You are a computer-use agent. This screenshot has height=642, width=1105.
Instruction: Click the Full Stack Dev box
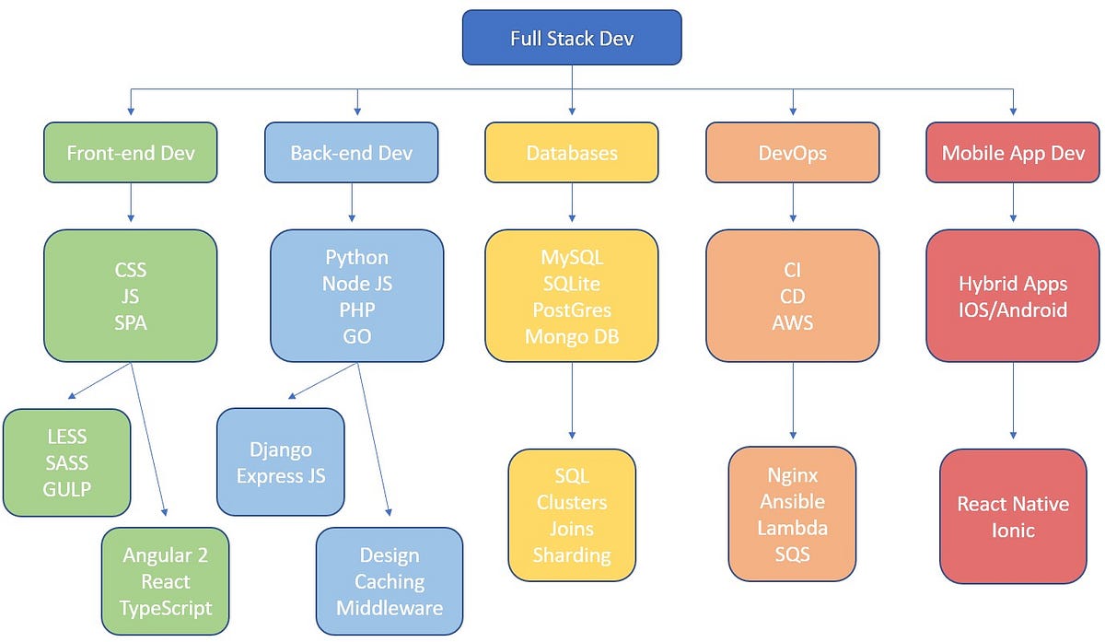[x=572, y=38]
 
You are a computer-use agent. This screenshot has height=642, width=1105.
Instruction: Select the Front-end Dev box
[x=130, y=153]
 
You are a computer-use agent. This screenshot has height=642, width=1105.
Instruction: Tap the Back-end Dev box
[x=351, y=153]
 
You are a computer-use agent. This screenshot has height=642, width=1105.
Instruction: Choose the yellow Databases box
[x=572, y=153]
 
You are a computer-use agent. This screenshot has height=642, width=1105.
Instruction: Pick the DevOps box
[x=792, y=153]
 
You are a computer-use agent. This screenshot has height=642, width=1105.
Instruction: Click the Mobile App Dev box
[x=1013, y=153]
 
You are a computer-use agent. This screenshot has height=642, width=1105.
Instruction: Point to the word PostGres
[x=572, y=309]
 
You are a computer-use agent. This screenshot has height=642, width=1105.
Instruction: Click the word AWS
[x=792, y=323]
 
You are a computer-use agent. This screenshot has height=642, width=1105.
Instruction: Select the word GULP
[x=66, y=489]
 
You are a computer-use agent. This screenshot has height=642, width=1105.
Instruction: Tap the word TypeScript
[x=166, y=608]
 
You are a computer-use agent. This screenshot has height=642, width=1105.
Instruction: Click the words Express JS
[x=280, y=476]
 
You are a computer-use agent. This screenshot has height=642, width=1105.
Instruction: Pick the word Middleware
[x=390, y=608]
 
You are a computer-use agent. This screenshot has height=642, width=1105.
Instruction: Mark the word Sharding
[x=572, y=555]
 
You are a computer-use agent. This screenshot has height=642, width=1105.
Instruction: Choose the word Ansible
[x=792, y=502]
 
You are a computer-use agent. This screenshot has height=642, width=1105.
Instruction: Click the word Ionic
[x=1013, y=531]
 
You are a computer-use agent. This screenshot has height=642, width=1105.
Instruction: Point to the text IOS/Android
[x=1013, y=309]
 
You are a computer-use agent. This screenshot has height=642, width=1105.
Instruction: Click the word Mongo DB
[x=572, y=336]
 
